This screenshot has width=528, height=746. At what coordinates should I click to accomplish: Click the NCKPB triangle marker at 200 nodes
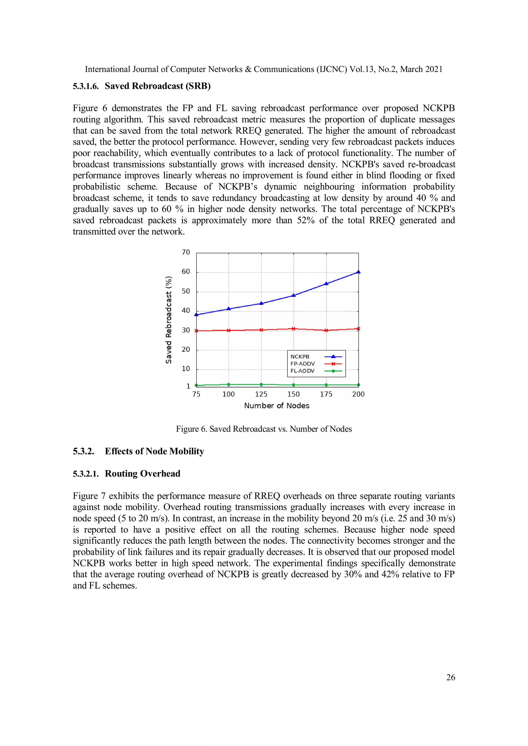point(358,272)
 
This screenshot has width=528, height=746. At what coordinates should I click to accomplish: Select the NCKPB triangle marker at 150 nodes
point(294,295)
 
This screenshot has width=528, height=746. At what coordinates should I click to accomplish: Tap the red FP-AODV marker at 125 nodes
point(261,330)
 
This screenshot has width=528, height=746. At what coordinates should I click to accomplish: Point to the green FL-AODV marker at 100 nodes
point(229,384)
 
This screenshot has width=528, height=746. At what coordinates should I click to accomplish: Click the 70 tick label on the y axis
point(186,252)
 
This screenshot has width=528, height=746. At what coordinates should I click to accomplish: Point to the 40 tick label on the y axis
point(186,310)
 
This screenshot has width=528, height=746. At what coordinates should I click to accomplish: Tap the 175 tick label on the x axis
point(326,394)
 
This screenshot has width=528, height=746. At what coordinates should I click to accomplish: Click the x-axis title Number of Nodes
point(277,406)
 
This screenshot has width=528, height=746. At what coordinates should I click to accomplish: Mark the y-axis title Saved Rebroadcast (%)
point(168,320)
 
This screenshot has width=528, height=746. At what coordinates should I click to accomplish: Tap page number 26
point(450,677)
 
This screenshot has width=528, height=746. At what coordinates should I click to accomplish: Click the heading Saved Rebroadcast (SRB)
point(157,86)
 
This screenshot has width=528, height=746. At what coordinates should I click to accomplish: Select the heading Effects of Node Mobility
point(154,451)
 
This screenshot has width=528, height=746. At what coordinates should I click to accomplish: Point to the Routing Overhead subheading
point(142,474)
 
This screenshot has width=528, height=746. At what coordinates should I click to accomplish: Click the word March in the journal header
point(411,69)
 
